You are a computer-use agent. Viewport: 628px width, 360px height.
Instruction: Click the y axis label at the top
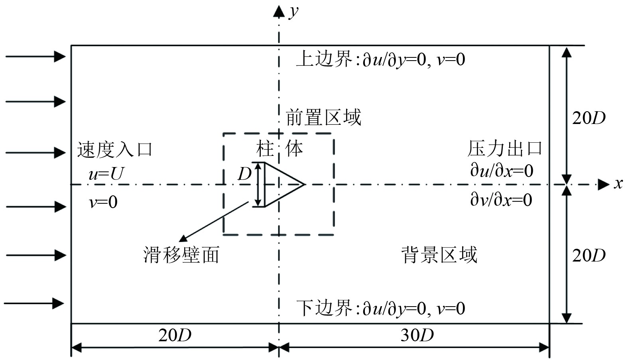294,12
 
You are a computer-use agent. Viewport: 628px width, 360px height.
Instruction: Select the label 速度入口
115,150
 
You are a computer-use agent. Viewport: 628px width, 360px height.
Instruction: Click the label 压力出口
505,149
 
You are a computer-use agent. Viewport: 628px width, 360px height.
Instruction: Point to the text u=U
106,174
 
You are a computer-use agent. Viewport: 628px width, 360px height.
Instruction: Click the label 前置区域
323,118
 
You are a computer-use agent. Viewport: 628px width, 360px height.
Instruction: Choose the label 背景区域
439,255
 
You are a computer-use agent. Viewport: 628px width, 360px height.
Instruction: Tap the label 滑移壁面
181,255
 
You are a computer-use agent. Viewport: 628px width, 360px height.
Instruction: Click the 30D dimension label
417,335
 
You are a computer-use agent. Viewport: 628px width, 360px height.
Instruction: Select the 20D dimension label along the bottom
175,335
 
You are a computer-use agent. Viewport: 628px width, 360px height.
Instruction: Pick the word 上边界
324,59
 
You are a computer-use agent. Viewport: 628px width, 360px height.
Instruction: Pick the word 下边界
324,308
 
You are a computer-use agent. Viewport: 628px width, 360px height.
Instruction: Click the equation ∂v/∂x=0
501,200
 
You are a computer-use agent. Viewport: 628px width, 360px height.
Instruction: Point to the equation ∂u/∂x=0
502,171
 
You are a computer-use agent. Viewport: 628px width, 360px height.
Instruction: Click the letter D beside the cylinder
244,174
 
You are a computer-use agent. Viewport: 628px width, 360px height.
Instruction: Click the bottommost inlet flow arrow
34,303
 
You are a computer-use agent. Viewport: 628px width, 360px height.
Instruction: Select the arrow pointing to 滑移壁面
213,222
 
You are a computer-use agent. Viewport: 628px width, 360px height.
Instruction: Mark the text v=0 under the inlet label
103,202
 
